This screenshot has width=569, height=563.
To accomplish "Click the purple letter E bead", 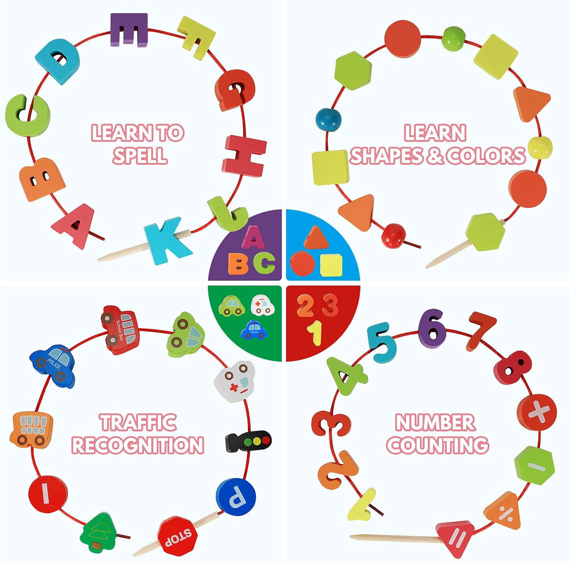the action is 129,30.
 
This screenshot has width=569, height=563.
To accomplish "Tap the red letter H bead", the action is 244,156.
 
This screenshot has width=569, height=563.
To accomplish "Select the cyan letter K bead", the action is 167,241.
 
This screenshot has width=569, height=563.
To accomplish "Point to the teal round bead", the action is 328,119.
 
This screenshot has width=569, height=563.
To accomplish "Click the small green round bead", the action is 453,38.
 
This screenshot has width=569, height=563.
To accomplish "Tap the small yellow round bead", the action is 540,148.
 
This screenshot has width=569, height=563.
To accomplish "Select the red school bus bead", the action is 120,330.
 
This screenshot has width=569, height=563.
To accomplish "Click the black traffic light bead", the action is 248,441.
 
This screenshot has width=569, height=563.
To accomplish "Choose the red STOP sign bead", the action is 177,536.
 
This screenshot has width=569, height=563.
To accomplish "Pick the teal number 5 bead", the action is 381,343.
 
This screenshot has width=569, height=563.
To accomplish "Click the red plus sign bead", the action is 537,412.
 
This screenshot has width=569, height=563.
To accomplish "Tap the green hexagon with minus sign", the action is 535,465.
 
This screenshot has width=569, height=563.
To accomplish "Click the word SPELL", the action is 139,155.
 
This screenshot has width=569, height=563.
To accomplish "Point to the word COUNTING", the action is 437,445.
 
